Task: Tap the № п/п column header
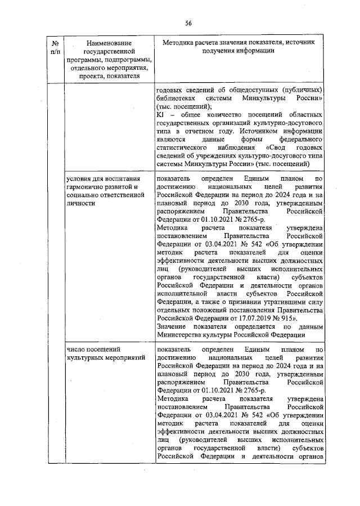tap(56, 47)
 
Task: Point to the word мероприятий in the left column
tap(127, 357)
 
